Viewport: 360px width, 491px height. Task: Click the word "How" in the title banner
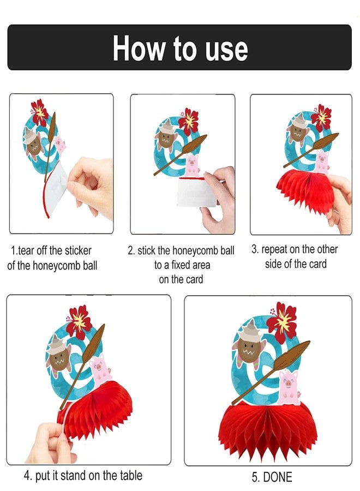click(139, 48)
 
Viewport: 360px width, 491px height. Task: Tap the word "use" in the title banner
click(227, 50)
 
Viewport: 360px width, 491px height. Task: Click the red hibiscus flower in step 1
click(39, 112)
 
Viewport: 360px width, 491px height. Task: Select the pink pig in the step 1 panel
click(59, 144)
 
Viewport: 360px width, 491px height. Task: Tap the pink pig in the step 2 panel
click(192, 164)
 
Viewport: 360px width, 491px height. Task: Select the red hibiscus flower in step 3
click(321, 117)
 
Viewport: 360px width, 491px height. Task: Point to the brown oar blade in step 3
click(326, 140)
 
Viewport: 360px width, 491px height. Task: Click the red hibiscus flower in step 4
click(79, 322)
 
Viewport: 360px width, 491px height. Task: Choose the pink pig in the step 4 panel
click(100, 369)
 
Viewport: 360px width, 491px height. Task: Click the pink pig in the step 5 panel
click(289, 387)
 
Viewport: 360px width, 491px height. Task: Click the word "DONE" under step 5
click(277, 477)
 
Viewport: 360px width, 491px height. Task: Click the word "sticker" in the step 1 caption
click(78, 250)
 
